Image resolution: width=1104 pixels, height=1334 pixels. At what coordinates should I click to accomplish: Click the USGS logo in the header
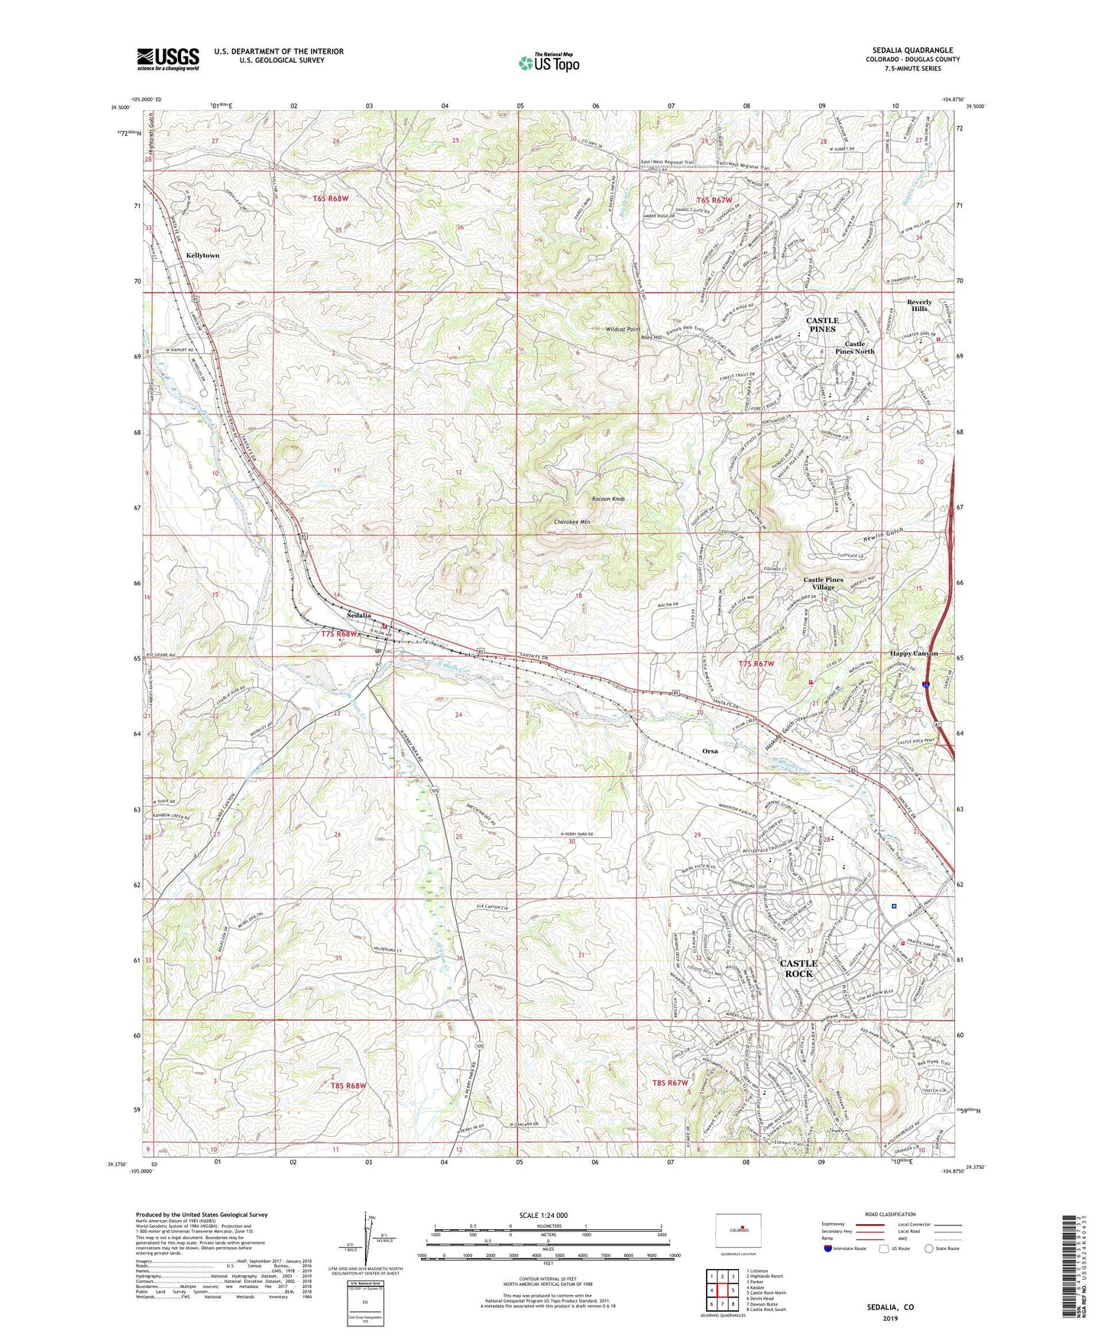point(168,59)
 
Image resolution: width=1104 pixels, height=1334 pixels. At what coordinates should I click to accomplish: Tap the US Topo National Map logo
point(548,63)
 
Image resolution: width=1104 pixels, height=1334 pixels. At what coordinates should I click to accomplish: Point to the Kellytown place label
point(202,255)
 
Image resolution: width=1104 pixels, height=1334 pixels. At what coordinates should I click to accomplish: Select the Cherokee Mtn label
point(571,522)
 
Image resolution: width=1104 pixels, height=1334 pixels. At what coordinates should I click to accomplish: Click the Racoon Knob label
point(608,499)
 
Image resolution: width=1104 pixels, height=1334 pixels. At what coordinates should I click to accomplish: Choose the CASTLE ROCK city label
point(798,968)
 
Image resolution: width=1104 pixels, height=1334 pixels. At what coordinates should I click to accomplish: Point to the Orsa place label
point(710,751)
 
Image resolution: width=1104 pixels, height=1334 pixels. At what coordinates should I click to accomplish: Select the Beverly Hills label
point(919,305)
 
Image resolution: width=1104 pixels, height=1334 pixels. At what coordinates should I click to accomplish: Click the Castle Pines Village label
point(823,584)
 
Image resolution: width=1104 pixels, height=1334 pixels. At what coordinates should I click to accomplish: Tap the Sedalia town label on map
point(358,615)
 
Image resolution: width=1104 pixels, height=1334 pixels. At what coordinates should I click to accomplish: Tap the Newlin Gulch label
point(885,536)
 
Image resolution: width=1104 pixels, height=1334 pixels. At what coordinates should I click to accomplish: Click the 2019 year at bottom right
point(889,1318)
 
